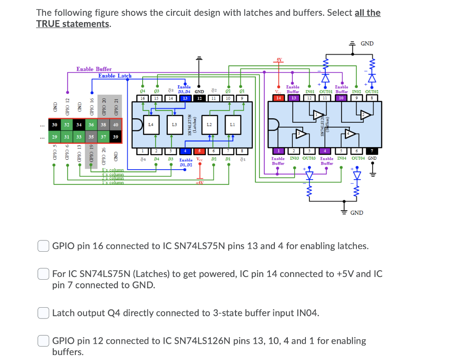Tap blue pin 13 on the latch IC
(185, 98)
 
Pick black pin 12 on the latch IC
(199, 98)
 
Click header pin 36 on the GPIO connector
(91, 125)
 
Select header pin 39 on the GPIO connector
(115, 137)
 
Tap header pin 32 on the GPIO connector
(67, 125)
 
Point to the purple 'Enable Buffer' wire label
(94, 69)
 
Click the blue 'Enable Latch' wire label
(115, 76)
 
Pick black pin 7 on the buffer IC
(372, 151)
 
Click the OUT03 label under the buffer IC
(309, 158)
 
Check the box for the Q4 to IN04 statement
(43, 313)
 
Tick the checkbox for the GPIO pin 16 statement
(43, 246)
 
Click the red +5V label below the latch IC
(199, 182)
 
